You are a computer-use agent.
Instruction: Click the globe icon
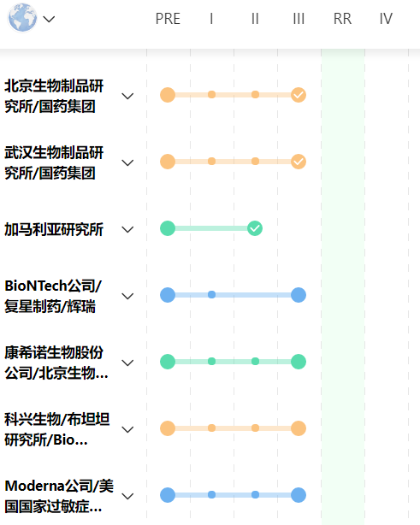22,18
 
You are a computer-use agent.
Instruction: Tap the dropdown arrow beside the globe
49,19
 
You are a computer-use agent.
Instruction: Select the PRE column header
168,19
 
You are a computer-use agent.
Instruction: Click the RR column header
342,19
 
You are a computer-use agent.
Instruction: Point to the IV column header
386,19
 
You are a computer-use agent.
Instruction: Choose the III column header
299,19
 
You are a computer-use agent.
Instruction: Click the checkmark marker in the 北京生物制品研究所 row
299,95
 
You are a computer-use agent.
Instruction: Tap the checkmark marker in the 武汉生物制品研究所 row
299,162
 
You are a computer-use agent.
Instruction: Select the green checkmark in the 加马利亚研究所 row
255,228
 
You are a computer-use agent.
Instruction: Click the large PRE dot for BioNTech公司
168,295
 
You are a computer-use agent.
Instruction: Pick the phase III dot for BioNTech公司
299,295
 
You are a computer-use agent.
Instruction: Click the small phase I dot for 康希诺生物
211,362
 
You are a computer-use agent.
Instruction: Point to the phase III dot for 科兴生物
299,428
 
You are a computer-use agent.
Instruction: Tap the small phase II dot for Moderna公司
255,494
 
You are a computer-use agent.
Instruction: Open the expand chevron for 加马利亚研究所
127,230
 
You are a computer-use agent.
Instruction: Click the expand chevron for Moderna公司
127,496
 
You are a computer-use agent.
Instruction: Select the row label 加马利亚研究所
54,230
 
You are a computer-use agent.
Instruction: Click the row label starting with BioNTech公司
53,296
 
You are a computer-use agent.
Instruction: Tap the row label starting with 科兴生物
57,429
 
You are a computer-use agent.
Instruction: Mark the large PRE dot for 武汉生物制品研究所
168,162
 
